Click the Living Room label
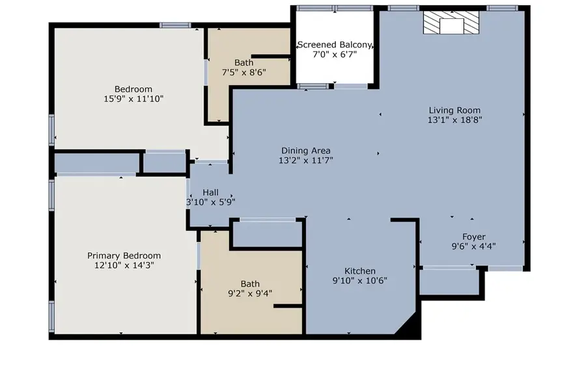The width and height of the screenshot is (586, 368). [x=454, y=111]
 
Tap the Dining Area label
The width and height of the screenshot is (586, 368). [x=306, y=151]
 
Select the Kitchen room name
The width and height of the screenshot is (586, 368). [x=359, y=271]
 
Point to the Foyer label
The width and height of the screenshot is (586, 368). [x=473, y=237]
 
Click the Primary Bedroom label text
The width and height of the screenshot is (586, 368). [x=124, y=256]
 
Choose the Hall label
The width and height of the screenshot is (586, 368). [x=210, y=192]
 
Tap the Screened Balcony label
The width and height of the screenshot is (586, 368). [x=335, y=45]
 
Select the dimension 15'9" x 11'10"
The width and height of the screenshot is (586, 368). [x=133, y=99]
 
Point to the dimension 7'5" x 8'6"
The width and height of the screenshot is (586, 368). [x=244, y=72]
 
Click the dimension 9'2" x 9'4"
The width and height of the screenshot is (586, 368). [x=250, y=293]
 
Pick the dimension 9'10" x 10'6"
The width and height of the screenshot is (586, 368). [x=359, y=281]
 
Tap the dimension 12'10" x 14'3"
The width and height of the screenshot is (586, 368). [x=124, y=265]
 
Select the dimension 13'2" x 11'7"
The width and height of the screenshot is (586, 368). [x=306, y=160]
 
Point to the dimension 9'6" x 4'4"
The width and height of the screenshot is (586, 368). [x=473, y=246]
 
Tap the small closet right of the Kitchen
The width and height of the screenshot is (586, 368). [x=449, y=282]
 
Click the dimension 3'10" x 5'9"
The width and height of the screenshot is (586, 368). [x=210, y=202]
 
